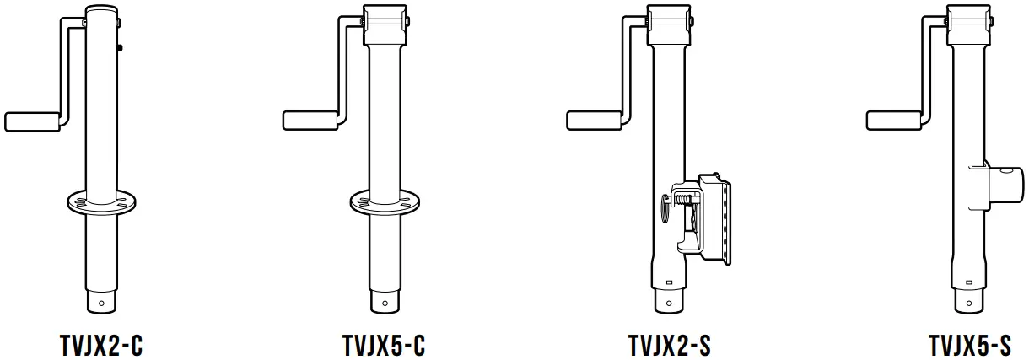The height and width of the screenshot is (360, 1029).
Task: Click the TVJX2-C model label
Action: tap(101, 346)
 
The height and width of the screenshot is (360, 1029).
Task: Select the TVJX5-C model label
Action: tap(384, 346)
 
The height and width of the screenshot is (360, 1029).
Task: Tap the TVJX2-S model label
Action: tap(670, 346)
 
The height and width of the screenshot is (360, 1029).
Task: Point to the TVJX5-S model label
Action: tap(970, 346)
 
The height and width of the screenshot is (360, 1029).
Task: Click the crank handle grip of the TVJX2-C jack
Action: tap(32, 121)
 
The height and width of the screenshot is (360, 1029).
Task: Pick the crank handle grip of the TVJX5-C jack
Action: tap(310, 121)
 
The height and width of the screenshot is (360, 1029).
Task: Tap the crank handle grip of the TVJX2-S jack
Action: tap(595, 121)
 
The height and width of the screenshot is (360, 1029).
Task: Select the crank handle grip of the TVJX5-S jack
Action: tap(894, 121)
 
